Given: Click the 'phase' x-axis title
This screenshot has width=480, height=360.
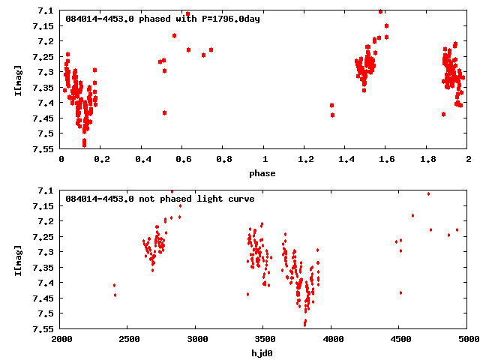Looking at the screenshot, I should coord(264,174).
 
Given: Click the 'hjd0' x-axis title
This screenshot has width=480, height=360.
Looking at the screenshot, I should coord(264,352).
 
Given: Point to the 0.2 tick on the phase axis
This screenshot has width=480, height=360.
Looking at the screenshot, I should coord(101,160).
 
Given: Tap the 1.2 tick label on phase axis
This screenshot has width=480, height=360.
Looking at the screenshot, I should coord(305,160).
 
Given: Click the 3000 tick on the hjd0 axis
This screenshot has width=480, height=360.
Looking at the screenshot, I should coord(196,339).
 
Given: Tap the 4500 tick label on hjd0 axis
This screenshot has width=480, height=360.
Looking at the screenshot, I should coord(400,339).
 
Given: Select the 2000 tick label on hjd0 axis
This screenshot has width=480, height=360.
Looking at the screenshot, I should coord(61,339).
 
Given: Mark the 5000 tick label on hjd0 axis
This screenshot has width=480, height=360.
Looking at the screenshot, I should coord(468,339).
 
